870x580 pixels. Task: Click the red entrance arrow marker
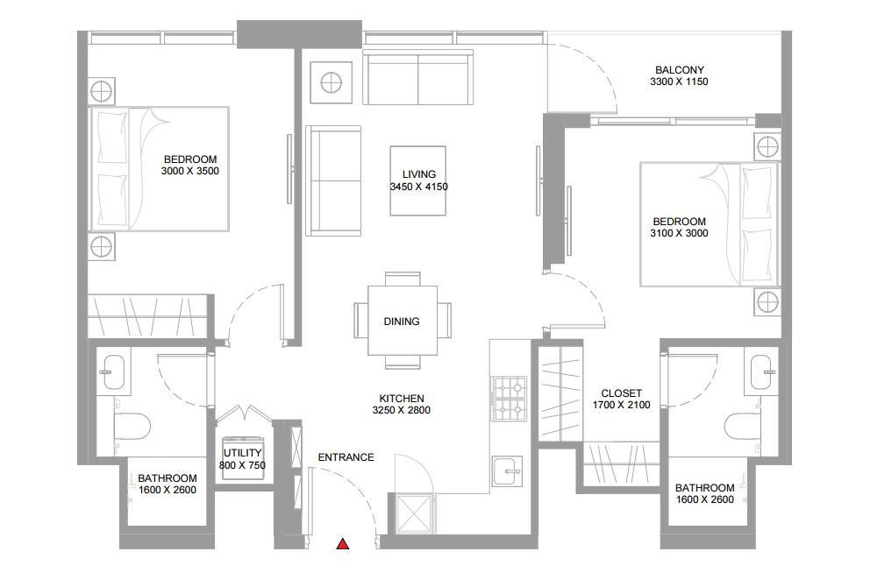pos(343,544)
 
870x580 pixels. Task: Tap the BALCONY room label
pos(679,70)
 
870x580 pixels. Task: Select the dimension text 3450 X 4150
pos(419,187)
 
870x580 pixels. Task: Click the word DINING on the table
pos(402,321)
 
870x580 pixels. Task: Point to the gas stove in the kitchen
pos(509,398)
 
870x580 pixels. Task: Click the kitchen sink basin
pos(507,472)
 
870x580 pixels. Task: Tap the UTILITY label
pos(242,453)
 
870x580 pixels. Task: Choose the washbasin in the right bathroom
pos(760,371)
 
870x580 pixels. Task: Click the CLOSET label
pos(622,393)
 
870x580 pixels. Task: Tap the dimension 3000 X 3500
pos(190,171)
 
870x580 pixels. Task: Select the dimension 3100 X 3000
pos(679,233)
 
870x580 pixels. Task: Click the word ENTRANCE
pos(346,456)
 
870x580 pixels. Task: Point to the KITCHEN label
pos(402,398)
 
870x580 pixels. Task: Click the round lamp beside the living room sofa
pos(332,82)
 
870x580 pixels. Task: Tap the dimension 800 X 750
pos(242,465)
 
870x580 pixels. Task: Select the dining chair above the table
pos(403,279)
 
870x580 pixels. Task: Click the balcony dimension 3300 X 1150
pos(679,81)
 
